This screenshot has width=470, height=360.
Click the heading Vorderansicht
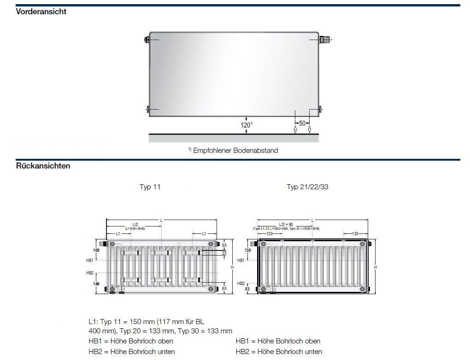41,12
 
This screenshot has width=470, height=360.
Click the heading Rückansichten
43,166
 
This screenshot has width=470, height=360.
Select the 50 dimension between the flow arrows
302,123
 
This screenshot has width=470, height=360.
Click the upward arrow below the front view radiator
295,129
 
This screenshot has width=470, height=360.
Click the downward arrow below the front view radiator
310,129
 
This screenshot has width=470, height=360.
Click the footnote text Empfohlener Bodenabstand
235,151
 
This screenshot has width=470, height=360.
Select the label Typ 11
150,187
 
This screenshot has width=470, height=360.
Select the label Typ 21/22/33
307,187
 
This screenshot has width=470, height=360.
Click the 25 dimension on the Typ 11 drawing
223,253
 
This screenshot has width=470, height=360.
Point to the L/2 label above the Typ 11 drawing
134,224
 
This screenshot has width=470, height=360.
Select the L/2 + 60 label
285,224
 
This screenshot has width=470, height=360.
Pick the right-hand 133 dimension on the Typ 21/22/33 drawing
355,234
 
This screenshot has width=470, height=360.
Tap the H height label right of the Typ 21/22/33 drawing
376,267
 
